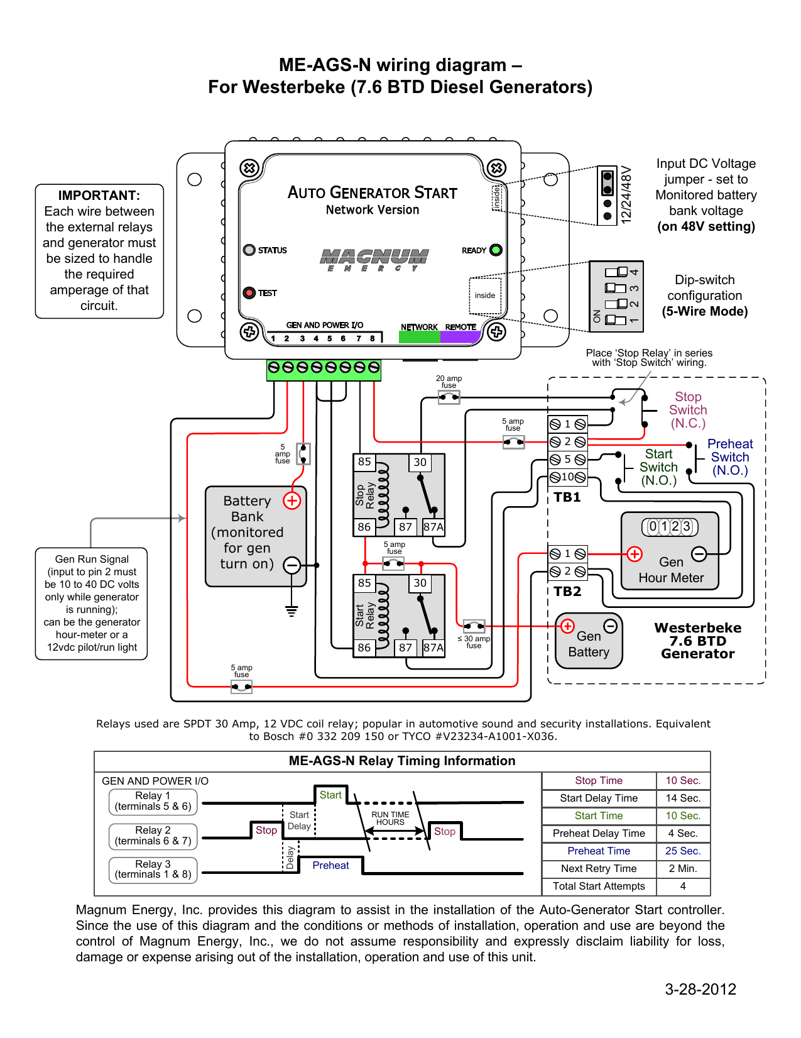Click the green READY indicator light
(x=496, y=250)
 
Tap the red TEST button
(x=249, y=292)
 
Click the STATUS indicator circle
(x=249, y=250)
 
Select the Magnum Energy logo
(x=374, y=260)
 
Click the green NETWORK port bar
(x=420, y=337)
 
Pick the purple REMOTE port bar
(x=460, y=337)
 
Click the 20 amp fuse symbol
(x=449, y=397)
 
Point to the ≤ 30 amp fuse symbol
(x=474, y=626)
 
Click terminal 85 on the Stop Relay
(x=364, y=462)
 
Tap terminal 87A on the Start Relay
(x=433, y=648)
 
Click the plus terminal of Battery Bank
(x=292, y=500)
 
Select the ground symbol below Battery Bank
(x=292, y=611)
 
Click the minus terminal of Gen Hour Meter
(x=699, y=554)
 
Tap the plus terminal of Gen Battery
(x=567, y=626)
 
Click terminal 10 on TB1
(x=567, y=477)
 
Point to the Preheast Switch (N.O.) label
(x=730, y=457)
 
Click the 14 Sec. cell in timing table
(x=683, y=798)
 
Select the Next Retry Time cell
(x=599, y=868)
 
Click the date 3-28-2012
(x=700, y=989)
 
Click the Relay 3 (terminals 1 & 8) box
(x=153, y=870)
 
